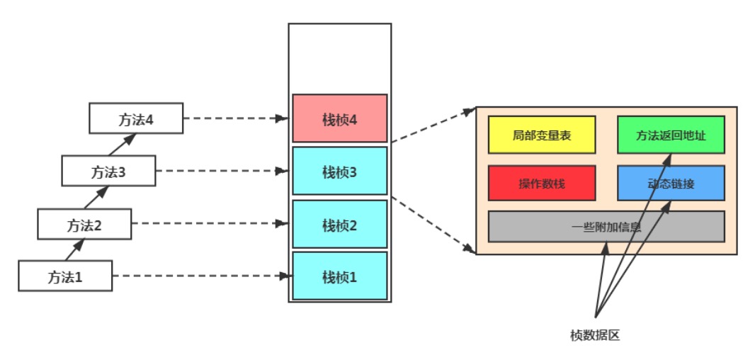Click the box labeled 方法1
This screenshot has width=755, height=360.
pyautogui.click(x=65, y=276)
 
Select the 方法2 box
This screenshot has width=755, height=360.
pyautogui.click(x=84, y=224)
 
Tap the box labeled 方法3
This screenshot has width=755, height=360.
pyautogui.click(x=108, y=171)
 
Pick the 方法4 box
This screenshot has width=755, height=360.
pyautogui.click(x=136, y=118)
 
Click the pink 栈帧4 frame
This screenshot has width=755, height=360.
pyautogui.click(x=340, y=118)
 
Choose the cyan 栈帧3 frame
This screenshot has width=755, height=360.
pyautogui.click(x=340, y=171)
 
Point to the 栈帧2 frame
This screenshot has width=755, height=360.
pyautogui.click(x=340, y=224)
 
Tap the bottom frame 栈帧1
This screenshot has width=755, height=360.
pyautogui.click(x=340, y=276)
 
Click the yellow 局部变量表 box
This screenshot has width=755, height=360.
pyautogui.click(x=542, y=135)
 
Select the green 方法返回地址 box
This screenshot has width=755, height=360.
pyautogui.click(x=671, y=135)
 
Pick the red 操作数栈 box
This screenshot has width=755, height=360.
pyautogui.click(x=542, y=183)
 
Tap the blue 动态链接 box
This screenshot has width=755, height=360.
pyautogui.click(x=671, y=183)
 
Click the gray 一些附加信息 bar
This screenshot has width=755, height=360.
pyautogui.click(x=606, y=227)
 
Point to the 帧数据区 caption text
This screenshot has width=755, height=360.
pyautogui.click(x=595, y=335)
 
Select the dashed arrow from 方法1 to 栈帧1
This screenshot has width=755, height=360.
pyautogui.click(x=200, y=276)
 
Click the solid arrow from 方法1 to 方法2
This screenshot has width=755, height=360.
pyautogui.click(x=74, y=249)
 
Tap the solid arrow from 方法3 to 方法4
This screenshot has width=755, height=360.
pyautogui.click(x=123, y=144)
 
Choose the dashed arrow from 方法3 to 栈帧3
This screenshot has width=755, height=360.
pyautogui.click(x=222, y=171)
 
